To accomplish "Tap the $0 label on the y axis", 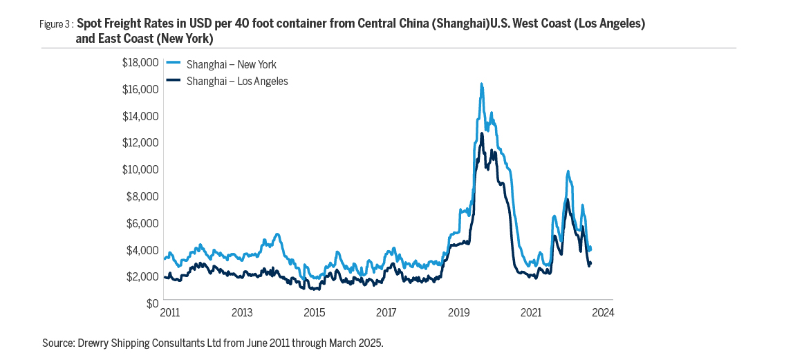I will (151, 303).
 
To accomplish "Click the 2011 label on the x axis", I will (169, 312).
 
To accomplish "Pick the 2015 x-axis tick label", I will (314, 312).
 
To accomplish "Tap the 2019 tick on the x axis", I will (458, 312).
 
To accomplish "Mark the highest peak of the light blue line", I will (482, 84).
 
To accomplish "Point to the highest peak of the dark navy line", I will (482, 133).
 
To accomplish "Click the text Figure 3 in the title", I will (55, 24).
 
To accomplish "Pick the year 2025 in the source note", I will (371, 342).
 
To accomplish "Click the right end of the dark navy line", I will (590, 263).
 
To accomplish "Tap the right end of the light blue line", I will (590, 249).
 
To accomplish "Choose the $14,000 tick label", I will (142, 116).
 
